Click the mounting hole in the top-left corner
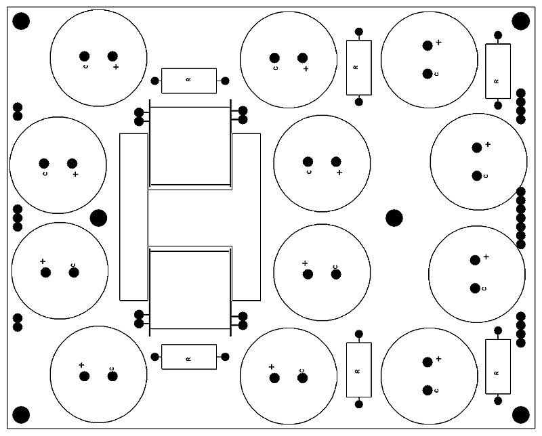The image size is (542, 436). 22,22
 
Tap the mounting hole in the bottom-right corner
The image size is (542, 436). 520,414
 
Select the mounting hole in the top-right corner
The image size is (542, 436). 520,21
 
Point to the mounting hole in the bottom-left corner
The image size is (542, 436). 22,414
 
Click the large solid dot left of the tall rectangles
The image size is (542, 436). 99,218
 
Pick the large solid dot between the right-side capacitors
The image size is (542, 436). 394,218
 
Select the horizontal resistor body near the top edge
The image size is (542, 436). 189,81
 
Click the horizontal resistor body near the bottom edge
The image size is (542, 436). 189,357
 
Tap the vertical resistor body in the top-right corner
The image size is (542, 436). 498,71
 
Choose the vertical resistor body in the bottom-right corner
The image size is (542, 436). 498,366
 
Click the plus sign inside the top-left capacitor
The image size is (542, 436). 116,67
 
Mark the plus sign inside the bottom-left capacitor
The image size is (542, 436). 81,365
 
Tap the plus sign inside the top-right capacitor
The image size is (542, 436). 438,42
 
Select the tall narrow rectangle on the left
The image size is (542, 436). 133,217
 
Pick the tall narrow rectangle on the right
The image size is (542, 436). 247,217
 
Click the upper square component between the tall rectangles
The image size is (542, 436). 190,146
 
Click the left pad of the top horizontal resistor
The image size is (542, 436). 155,81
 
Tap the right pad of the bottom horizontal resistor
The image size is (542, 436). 226,357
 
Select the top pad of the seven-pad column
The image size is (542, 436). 521,192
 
